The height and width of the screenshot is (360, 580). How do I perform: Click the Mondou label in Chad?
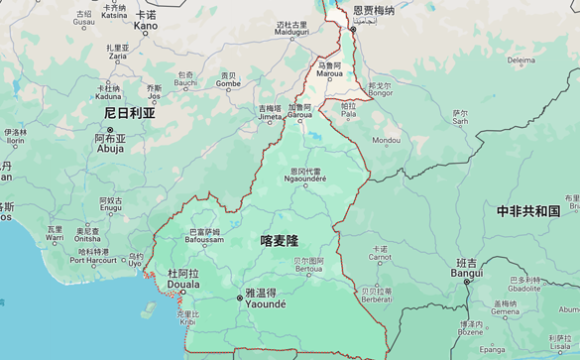[x=386, y=140]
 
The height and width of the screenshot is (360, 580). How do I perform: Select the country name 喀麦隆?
[x=280, y=240]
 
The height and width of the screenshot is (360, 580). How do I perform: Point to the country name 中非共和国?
[x=528, y=211]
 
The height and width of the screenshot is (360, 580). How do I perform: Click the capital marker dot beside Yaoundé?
[x=238, y=296]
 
